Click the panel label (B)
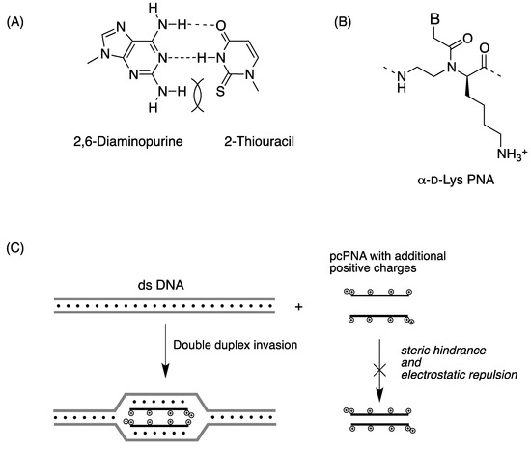click(337, 17)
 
